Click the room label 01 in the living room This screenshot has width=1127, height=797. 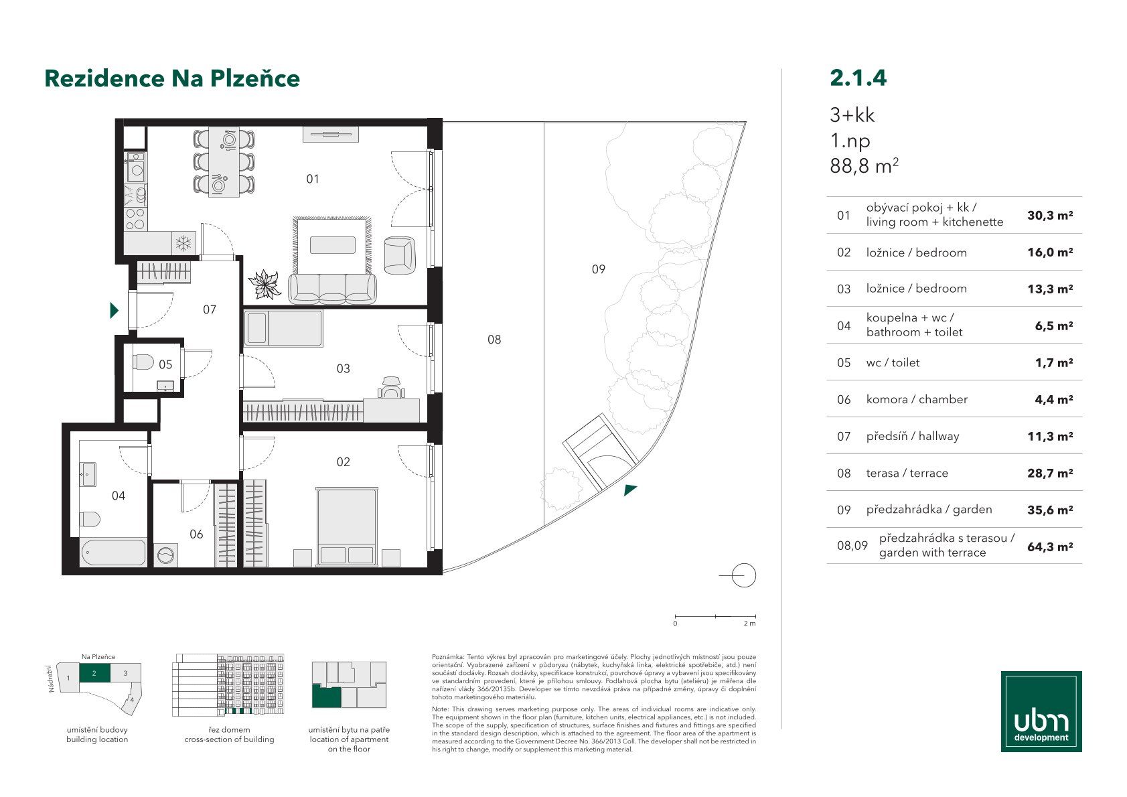(x=313, y=179)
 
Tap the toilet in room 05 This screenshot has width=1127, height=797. (x=143, y=362)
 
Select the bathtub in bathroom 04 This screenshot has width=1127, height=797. (x=114, y=553)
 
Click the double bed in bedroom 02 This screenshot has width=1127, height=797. (x=347, y=526)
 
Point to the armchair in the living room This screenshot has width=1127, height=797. (x=400, y=256)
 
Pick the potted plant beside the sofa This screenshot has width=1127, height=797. (x=265, y=284)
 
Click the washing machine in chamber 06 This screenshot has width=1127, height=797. (x=165, y=555)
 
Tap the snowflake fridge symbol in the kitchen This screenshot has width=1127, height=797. (x=183, y=244)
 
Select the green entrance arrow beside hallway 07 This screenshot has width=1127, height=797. (x=115, y=311)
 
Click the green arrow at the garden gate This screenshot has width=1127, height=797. (x=629, y=490)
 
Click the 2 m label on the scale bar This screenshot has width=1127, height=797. (x=749, y=624)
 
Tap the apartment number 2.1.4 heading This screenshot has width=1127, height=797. (x=858, y=78)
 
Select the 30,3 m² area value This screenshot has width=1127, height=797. (x=1050, y=216)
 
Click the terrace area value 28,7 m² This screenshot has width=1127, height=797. (x=1050, y=473)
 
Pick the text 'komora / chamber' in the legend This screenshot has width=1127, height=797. (x=917, y=399)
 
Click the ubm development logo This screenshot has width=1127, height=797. (x=1041, y=711)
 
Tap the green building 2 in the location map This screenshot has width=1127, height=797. (x=94, y=672)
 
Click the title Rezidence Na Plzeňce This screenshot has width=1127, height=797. (x=172, y=78)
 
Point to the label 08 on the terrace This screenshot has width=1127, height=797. (x=494, y=340)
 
